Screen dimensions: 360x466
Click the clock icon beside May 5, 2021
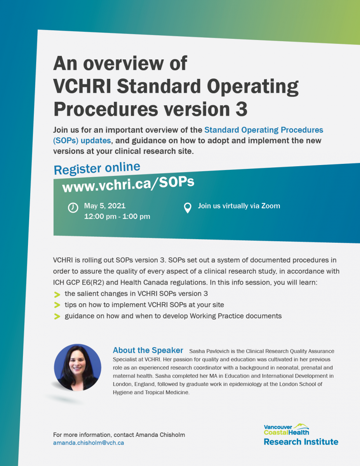(73, 208)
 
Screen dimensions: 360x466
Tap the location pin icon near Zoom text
(188, 208)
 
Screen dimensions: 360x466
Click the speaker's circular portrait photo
(77, 368)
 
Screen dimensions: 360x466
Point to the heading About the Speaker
(148, 350)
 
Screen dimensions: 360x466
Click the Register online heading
(97, 169)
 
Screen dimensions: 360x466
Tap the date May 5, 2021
(104, 206)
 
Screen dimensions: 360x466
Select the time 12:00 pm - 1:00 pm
(117, 216)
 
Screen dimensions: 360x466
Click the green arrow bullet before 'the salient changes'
(57, 294)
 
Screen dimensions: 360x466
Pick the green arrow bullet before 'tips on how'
(57, 305)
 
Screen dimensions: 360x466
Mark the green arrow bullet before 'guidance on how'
(57, 316)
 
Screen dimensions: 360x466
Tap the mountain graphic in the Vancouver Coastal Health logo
(301, 426)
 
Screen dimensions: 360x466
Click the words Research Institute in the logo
(301, 442)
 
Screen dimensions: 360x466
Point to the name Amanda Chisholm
(160, 435)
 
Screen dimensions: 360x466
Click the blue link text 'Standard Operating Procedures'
(264, 130)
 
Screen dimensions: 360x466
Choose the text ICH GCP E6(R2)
(78, 282)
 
